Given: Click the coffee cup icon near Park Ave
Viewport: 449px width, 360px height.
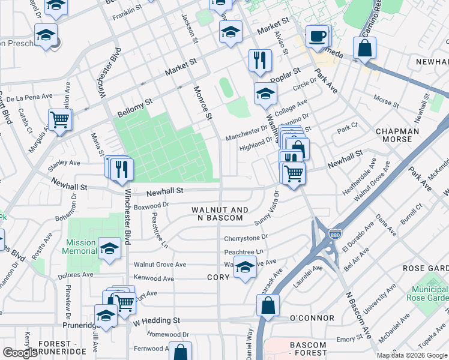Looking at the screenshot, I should coord(316,36).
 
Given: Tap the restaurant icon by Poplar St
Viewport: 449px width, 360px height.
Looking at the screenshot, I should coord(260,60).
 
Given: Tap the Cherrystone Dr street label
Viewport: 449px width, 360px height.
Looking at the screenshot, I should coord(246,238).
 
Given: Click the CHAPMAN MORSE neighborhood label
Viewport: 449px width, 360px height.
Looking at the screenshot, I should coord(394,135).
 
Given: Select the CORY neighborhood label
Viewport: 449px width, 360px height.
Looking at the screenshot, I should coord(218,278).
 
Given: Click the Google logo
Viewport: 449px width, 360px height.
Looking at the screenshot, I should coord(20,353).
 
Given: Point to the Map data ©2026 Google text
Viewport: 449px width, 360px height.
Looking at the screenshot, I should coord(411,355).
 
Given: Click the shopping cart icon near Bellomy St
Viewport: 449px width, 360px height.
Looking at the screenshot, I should coord(60,119).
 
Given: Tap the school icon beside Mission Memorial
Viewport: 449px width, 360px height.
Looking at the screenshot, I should coord(109,248).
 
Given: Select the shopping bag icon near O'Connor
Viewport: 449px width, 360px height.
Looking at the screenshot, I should coord(268,305).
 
